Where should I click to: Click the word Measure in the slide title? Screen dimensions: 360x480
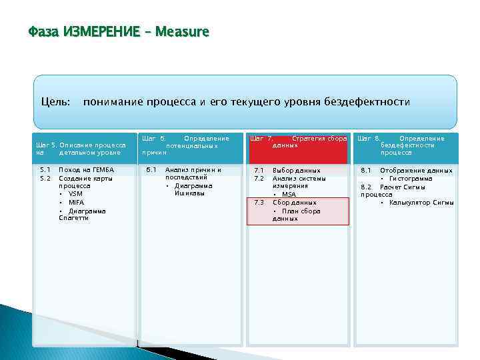click(181, 31)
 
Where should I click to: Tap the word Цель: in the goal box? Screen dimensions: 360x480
click(56, 101)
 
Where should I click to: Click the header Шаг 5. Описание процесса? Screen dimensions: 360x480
click(81, 148)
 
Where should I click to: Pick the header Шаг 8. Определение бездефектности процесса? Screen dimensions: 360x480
click(406, 145)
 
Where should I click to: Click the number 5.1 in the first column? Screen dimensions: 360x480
click(45, 170)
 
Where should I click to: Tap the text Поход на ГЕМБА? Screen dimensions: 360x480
click(86, 170)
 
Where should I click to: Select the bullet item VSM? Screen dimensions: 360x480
click(75, 194)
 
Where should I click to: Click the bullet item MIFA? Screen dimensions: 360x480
click(76, 202)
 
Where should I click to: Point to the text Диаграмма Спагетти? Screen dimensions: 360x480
click(84, 214)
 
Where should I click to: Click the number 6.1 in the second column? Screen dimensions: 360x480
click(151, 170)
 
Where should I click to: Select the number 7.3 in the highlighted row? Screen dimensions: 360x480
click(260, 202)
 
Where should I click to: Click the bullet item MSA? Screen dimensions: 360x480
click(289, 194)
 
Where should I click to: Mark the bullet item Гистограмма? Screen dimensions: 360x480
click(411, 178)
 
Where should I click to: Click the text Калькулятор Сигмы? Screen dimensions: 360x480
click(421, 202)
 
